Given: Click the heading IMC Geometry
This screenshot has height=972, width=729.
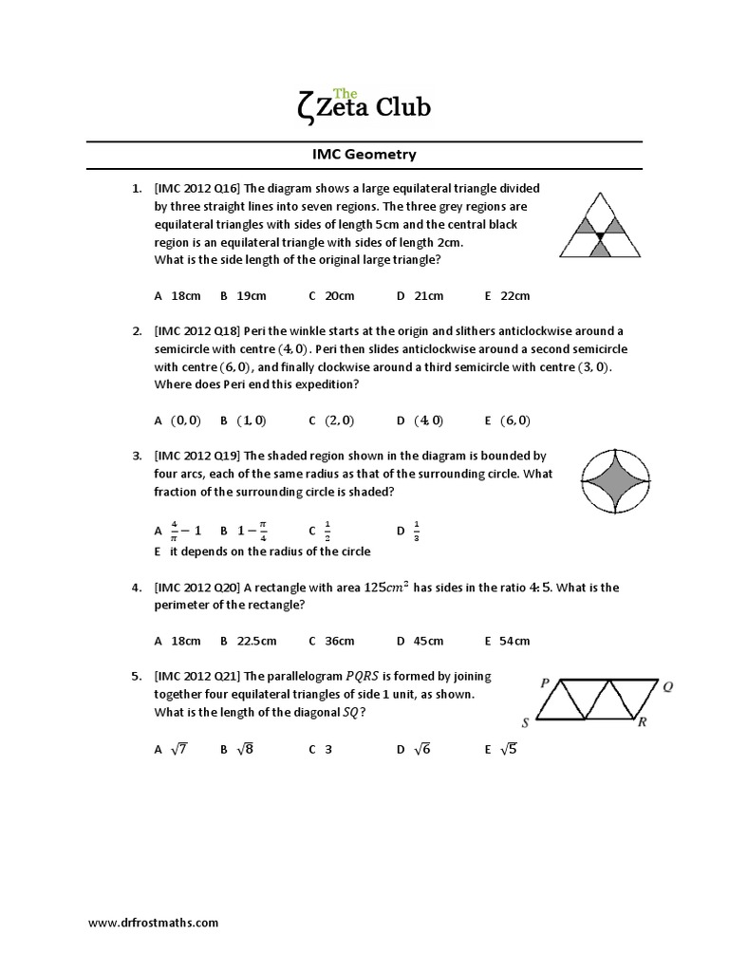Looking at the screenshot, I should [x=364, y=154].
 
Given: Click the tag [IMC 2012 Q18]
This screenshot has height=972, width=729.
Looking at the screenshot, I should [x=196, y=330].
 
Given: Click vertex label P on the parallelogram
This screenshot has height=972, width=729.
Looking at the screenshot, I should [x=544, y=682].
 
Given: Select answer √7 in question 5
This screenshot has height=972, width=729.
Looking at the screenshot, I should [x=178, y=749].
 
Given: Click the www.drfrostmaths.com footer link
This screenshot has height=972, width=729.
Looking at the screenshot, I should [x=153, y=922].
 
